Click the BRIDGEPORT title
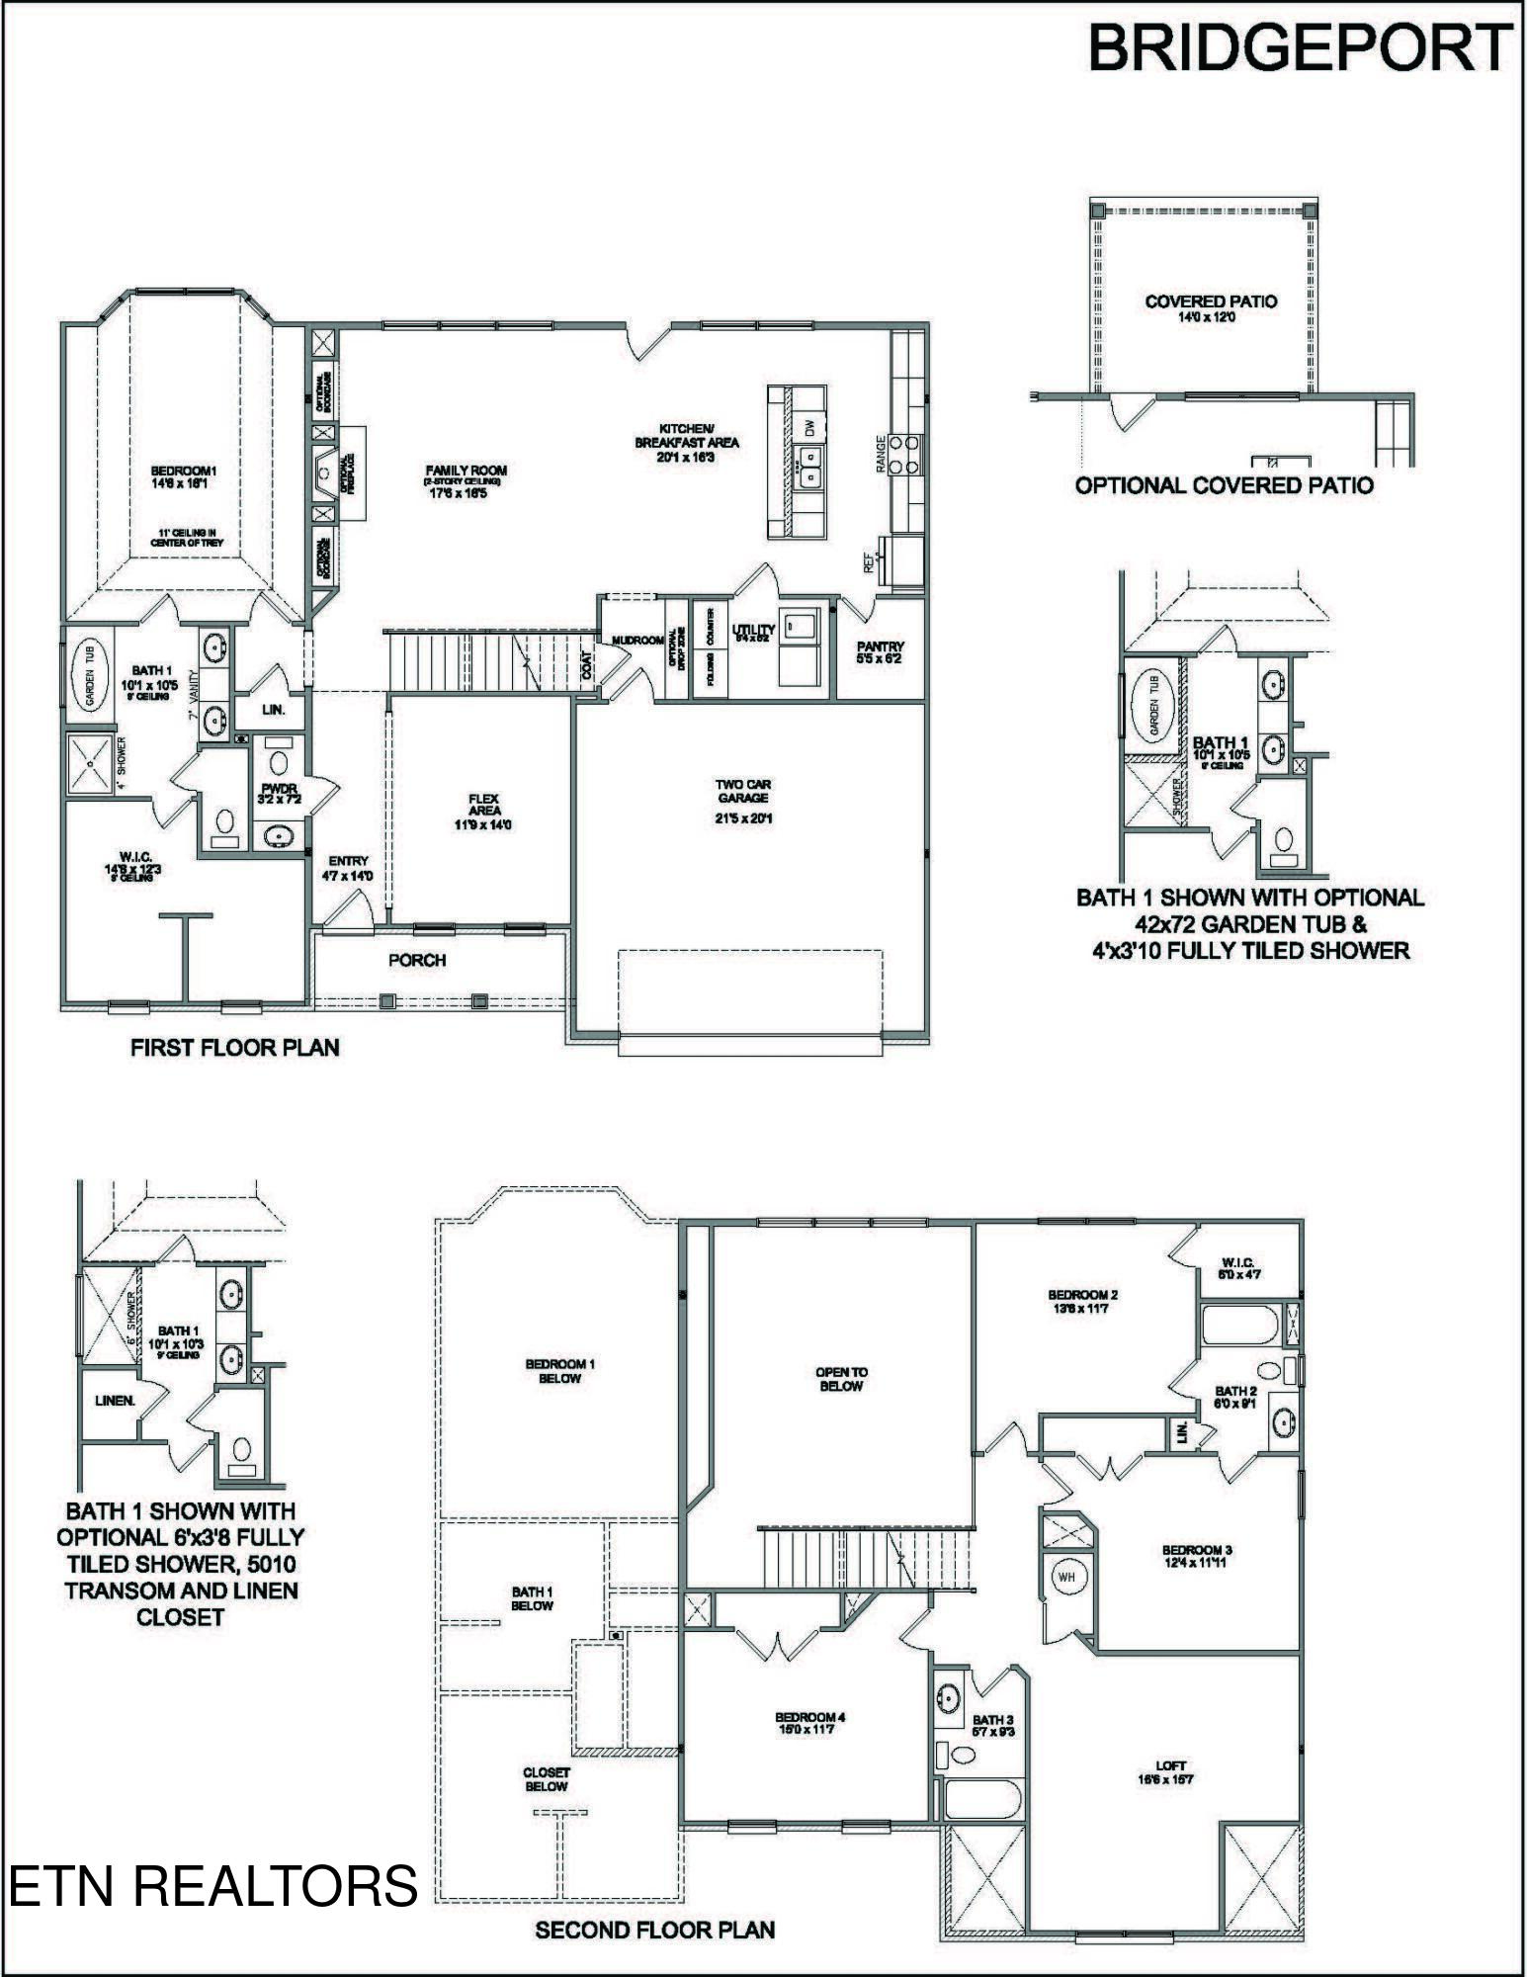[x=1299, y=46]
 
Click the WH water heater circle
[x=1066, y=1577]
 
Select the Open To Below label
[x=841, y=1379]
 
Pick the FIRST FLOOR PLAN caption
[x=234, y=1048]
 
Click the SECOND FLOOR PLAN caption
[x=654, y=1930]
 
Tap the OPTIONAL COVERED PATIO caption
[x=1224, y=485]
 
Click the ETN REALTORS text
[x=213, y=1885]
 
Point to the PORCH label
[x=416, y=960]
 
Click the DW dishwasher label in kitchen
[x=809, y=429]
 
